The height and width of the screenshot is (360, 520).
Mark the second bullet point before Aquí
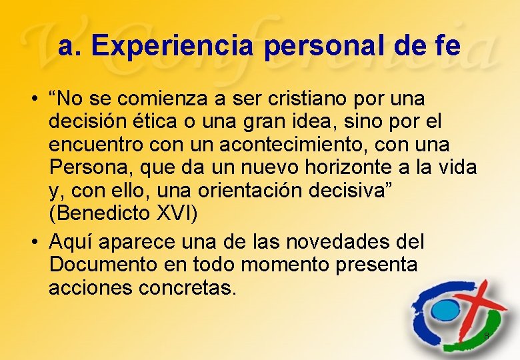33,241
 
